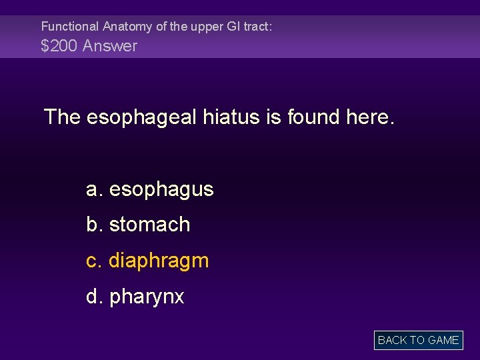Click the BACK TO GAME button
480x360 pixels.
(x=418, y=340)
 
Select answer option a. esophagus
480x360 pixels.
(x=150, y=189)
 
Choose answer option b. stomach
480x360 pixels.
(x=138, y=225)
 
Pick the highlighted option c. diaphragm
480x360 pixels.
(x=147, y=261)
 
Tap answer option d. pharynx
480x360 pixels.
(x=135, y=296)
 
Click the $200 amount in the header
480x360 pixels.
(x=59, y=46)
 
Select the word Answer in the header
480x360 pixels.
(x=110, y=46)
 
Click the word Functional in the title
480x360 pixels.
(x=69, y=27)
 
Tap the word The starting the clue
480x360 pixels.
(x=62, y=117)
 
